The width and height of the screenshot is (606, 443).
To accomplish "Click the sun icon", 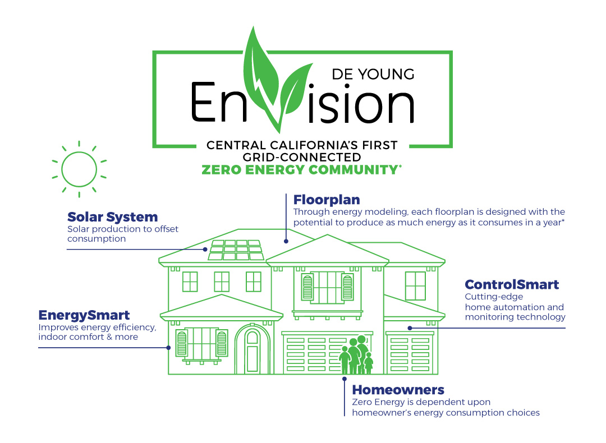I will coord(79,169).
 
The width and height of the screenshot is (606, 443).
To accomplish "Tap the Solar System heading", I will coord(112,217).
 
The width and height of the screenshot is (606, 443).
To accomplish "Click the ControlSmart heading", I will coord(512,285).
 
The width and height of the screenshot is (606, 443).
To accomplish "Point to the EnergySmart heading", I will coord(84,315).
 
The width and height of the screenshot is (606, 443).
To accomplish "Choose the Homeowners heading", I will coord(398,390).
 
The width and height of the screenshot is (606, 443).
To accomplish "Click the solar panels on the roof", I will coord(236,250).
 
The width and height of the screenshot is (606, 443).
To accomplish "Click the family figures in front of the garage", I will coord(355,356).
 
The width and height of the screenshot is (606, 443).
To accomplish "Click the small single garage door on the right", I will coord(411,353).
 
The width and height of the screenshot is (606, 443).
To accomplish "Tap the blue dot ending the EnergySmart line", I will coord(168,348).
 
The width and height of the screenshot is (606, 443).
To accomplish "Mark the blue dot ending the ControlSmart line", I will coord(410,327).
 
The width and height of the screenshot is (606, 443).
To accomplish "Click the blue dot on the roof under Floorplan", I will coord(286,242).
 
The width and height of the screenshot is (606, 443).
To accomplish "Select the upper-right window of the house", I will coord(415,286).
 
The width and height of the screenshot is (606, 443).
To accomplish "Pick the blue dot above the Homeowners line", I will coord(345,379).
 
